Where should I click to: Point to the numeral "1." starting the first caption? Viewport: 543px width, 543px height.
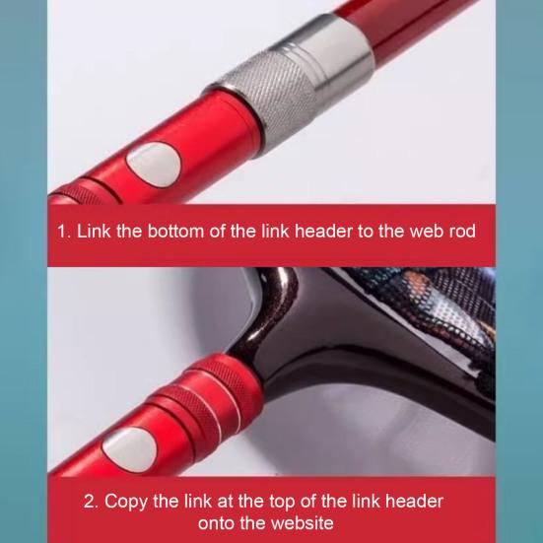(x=64, y=232)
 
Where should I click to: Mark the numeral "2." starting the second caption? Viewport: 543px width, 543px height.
(x=91, y=501)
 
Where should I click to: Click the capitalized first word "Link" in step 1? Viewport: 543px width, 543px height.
(x=100, y=232)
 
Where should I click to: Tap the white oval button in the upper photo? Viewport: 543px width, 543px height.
(x=152, y=164)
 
